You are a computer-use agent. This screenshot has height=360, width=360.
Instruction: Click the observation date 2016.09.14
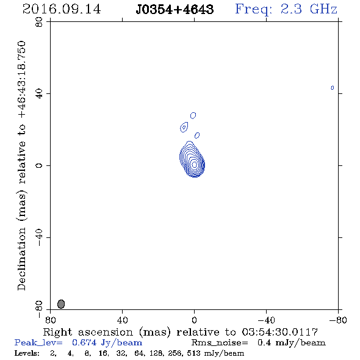point(62,9)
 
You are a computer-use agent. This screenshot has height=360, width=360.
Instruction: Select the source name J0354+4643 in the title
point(175,10)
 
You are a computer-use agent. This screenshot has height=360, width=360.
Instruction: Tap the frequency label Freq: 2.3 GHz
point(286,9)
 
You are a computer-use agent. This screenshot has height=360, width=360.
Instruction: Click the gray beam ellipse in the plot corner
point(61,304)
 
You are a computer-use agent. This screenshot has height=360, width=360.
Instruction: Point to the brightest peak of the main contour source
point(195,165)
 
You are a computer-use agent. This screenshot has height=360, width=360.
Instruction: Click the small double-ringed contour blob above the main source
point(184,127)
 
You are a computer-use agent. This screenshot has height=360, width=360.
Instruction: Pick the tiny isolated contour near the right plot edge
point(332,87)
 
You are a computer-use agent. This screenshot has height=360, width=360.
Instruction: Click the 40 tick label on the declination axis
point(39,94)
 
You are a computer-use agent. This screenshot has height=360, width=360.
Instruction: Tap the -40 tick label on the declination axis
point(39,237)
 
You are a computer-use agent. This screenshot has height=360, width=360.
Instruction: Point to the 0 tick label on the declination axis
point(39,165)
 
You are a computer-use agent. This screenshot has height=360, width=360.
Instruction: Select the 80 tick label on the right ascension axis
point(50,320)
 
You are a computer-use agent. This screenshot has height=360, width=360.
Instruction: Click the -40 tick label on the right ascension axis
point(266,320)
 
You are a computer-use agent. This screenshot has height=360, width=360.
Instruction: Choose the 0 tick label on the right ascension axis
point(194,320)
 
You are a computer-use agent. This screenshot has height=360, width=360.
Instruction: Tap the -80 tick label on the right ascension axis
point(338,320)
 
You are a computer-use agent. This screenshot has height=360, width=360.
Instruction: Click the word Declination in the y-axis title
point(21,259)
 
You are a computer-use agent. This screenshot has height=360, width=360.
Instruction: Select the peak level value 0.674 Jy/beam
point(107,342)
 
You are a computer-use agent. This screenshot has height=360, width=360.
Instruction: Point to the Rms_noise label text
point(220,343)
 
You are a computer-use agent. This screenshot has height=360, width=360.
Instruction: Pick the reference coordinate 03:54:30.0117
point(280,332)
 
